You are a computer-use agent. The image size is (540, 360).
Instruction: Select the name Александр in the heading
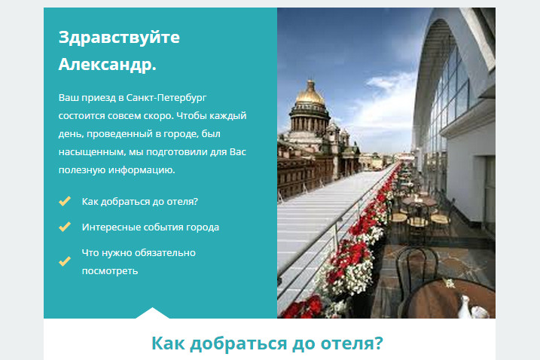pyautogui.click(x=105, y=64)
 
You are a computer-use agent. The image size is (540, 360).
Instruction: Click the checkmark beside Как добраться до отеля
pyautogui.click(x=65, y=201)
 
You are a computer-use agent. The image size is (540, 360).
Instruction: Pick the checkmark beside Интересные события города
pyautogui.click(x=65, y=226)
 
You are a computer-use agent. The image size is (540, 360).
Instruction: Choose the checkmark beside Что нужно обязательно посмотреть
pyautogui.click(x=65, y=261)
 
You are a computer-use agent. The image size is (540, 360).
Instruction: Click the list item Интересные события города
pyautogui.click(x=150, y=227)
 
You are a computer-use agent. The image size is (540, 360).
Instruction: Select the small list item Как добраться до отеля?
pyautogui.click(x=139, y=202)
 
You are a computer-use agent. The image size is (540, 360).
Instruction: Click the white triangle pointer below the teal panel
pyautogui.click(x=153, y=313)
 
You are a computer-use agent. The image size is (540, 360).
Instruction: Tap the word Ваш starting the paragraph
pyautogui.click(x=68, y=98)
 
